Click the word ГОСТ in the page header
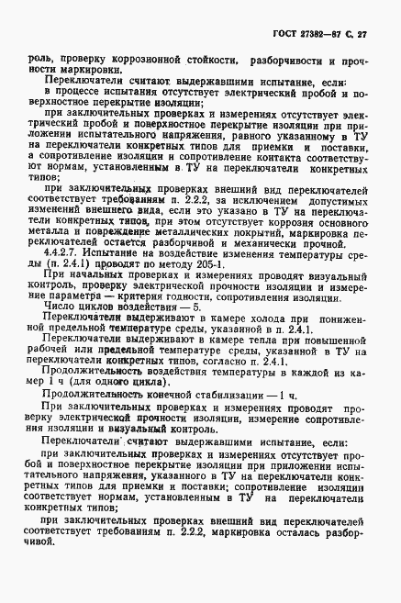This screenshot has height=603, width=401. (x=282, y=36)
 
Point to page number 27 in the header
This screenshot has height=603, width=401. (x=372, y=36)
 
